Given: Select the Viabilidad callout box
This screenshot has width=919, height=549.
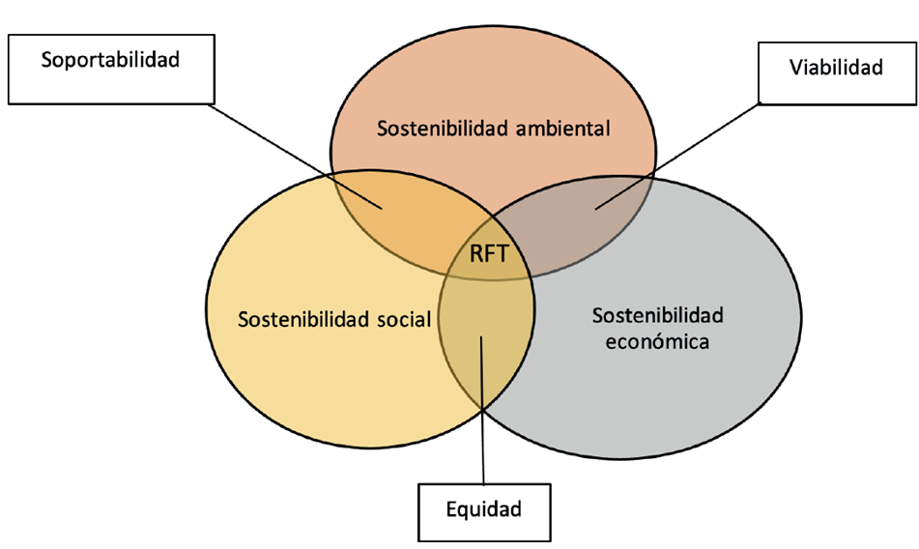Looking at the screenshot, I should (x=835, y=72).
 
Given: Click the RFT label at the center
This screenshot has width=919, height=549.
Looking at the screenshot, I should (x=488, y=256).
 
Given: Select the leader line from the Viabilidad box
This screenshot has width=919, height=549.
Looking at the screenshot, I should (x=676, y=155).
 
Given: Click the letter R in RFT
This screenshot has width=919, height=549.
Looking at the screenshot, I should (x=475, y=256).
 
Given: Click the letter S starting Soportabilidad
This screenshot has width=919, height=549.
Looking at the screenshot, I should (x=46, y=60).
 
